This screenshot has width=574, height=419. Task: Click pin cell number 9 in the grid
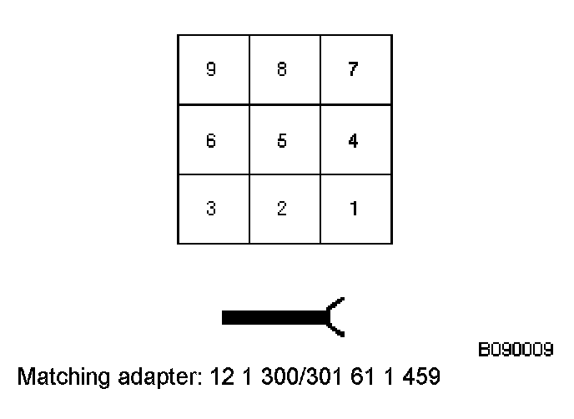pos(213,70)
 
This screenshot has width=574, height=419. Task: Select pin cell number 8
pos(284,70)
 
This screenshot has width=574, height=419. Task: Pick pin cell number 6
pos(213,140)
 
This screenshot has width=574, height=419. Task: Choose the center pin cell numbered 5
pos(284,140)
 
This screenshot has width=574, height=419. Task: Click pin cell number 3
pos(213,209)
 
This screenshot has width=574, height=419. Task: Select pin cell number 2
pos(284,209)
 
